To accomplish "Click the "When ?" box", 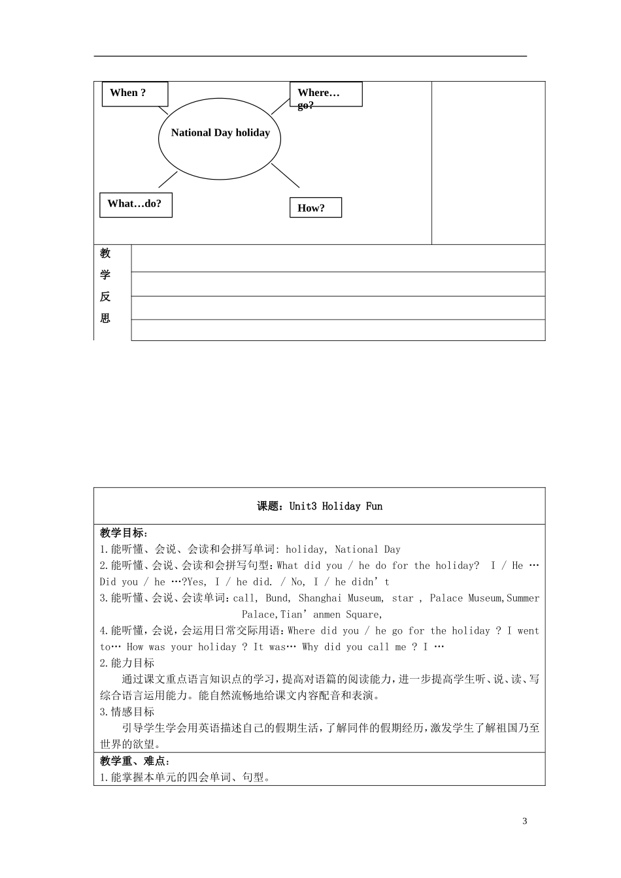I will (x=135, y=93).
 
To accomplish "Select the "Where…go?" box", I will (x=326, y=94).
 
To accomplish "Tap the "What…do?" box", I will (x=135, y=204).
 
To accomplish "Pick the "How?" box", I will (x=315, y=208).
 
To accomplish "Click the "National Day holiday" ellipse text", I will (x=220, y=133).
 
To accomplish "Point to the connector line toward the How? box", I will (x=285, y=175).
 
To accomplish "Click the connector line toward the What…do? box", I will (x=168, y=180).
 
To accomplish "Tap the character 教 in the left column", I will (x=105, y=253).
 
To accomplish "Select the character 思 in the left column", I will (x=105, y=318).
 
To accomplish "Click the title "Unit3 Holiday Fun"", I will (x=335, y=506).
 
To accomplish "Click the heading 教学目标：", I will (x=124, y=533).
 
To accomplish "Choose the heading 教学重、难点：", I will (x=135, y=761).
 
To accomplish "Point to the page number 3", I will (x=524, y=821).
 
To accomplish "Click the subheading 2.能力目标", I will (x=127, y=663).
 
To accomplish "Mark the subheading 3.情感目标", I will (x=127, y=712).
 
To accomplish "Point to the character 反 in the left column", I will (x=105, y=297).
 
